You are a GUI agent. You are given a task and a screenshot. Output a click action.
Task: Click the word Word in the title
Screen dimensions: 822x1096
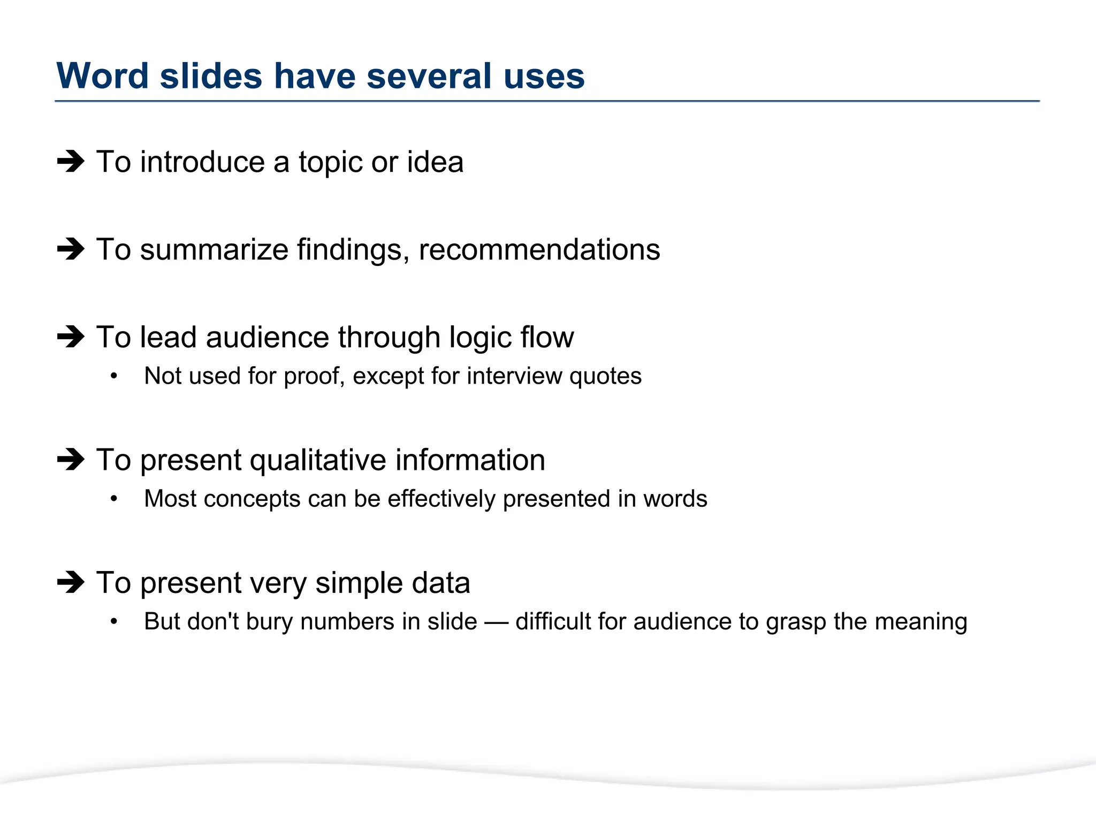click(x=102, y=76)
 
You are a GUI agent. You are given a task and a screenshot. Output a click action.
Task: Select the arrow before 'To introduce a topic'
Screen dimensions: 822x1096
click(x=71, y=161)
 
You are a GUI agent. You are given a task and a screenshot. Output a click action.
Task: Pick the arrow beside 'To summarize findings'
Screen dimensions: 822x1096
click(x=71, y=249)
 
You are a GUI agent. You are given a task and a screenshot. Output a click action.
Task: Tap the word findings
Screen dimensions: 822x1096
click(x=353, y=250)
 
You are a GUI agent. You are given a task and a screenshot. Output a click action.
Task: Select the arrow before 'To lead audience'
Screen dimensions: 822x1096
click(x=71, y=337)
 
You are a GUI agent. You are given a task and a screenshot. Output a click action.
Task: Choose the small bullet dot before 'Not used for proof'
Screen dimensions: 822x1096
click(x=113, y=376)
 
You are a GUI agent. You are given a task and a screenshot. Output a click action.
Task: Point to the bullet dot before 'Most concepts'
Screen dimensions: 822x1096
click(x=113, y=499)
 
